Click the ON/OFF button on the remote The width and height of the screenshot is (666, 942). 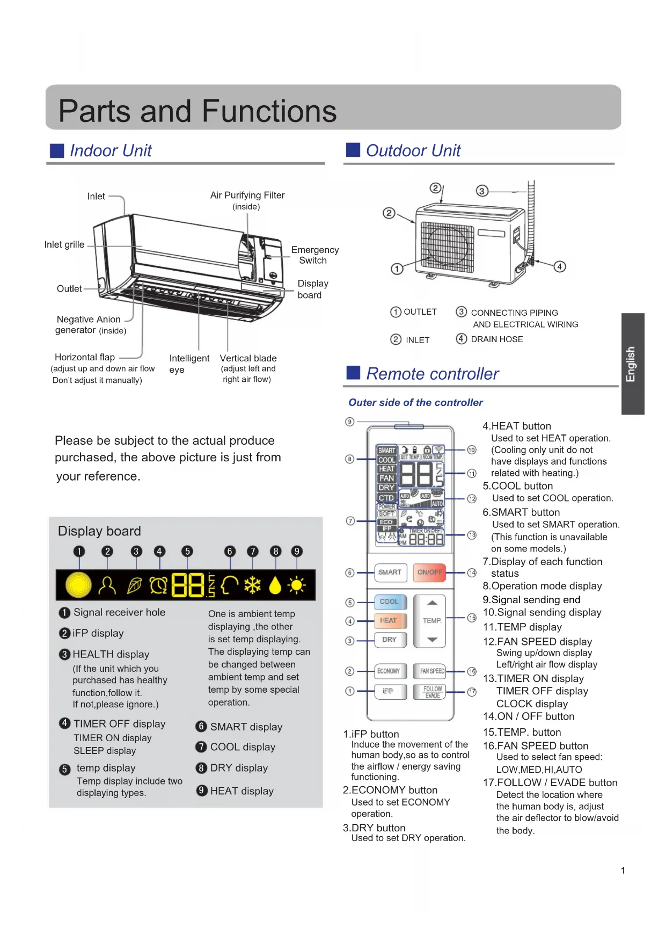pos(429,573)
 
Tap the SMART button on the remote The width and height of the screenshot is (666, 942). pos(390,573)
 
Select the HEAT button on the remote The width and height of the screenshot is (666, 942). pos(389,621)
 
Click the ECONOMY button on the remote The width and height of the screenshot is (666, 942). pos(389,671)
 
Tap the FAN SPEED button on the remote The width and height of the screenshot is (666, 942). pos(432,671)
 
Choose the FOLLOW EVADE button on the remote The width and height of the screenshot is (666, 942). pos(432,692)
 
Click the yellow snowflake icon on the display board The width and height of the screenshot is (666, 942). pos(252,585)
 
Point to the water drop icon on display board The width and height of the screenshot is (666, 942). pos(275,585)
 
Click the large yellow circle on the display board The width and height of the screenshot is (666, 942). pos(78,585)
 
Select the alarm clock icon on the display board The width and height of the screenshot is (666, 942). pos(158,585)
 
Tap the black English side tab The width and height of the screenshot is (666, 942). pos(632,364)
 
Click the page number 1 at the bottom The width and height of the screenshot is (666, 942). pos(623,871)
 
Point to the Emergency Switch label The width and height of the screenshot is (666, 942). pos(314,255)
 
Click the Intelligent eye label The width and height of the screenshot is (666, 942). pos(189,364)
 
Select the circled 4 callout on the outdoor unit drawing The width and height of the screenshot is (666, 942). pos(560,266)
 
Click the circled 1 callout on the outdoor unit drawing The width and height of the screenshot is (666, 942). pos(397,269)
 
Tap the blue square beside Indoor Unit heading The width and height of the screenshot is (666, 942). pos(57,151)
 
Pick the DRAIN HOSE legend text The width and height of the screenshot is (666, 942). pos(496,339)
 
